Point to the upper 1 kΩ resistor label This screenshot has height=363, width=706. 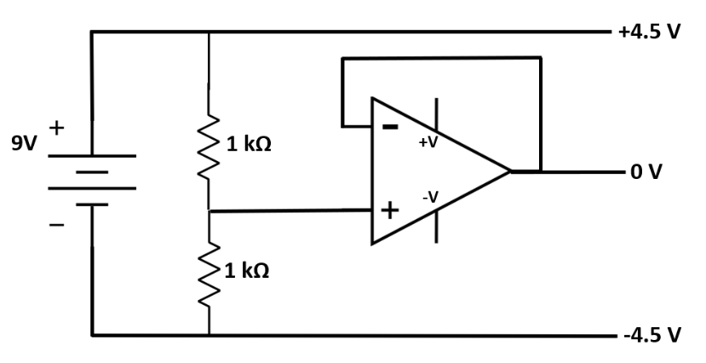(249, 144)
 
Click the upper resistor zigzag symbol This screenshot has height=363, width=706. (209, 147)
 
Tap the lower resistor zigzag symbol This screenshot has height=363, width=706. (209, 273)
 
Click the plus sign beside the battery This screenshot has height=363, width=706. (57, 129)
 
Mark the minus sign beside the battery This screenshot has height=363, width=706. (57, 225)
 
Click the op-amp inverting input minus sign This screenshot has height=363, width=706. (389, 127)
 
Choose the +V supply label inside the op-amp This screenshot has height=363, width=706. (428, 143)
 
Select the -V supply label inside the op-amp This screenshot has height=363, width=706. (430, 197)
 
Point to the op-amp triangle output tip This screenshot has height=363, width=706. (509, 171)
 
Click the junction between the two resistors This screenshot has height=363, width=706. (209, 210)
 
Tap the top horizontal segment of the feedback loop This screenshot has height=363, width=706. (440, 58)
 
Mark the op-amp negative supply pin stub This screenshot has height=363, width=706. (439, 228)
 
